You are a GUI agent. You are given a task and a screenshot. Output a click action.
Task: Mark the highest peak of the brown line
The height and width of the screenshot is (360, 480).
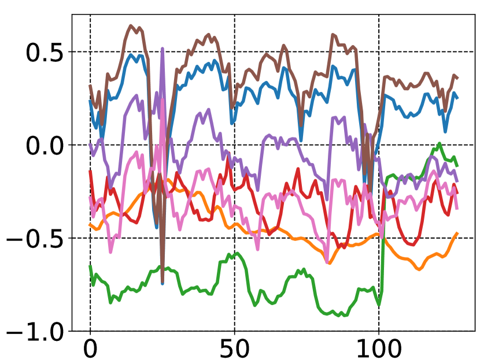pos(131,25)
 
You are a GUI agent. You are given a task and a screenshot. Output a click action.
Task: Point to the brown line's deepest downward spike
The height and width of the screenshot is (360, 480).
pos(163,283)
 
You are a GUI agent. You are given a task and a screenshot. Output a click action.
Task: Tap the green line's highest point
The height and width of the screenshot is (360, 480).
pos(440,143)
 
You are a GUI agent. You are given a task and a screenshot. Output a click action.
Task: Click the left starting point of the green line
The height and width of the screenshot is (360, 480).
pos(90,266)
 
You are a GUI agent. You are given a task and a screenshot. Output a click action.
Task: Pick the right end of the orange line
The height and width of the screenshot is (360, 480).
pos(457,233)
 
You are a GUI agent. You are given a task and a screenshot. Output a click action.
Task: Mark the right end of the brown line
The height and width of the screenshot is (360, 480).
pos(457,78)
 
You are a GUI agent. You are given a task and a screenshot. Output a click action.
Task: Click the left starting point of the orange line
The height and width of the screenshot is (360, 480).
pos(90,224)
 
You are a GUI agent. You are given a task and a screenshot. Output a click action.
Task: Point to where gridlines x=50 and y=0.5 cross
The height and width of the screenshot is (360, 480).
pos(234,52)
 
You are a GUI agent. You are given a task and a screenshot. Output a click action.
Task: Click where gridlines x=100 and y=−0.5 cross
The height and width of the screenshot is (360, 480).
pos(379,238)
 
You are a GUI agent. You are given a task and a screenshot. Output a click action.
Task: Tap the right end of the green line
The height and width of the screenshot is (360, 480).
pos(457,166)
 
